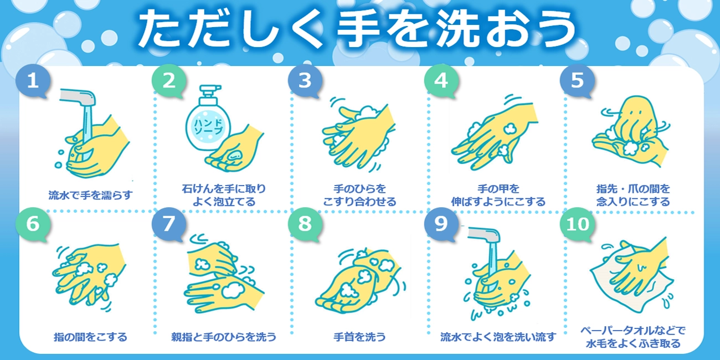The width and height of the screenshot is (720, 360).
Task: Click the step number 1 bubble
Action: pos(33,81)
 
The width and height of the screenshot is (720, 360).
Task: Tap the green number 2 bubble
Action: pos(169,81)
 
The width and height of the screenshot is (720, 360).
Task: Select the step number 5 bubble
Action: pos(577,81)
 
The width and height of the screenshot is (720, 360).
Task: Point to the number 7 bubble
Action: pos(169,224)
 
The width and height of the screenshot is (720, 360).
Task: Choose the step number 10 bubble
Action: pos(577,224)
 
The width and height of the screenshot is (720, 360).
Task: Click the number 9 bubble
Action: pos(441,224)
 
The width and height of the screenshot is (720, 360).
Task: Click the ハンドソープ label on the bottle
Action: pos(208,127)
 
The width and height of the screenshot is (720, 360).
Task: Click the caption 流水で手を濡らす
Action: pos(90,195)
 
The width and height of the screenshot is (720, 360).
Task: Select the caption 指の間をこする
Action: pos(90,337)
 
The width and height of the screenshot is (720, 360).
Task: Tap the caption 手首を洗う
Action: pos(359,337)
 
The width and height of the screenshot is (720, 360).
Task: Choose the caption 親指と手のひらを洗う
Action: pos(224,337)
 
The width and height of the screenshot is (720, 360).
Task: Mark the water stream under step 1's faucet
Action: pos(87,132)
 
